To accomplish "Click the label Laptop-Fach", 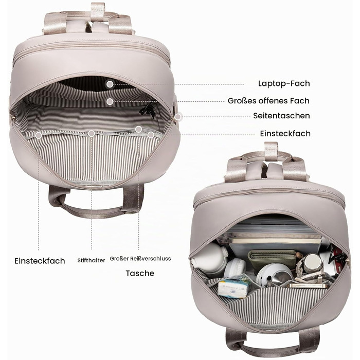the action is [x=284, y=83].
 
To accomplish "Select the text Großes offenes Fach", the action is [x=268, y=101].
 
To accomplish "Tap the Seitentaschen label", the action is [x=281, y=116].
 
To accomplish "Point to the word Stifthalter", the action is [x=91, y=260].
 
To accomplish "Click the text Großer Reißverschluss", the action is [x=140, y=259].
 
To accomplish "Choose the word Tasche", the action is [x=140, y=273].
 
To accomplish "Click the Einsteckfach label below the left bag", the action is [x=40, y=261].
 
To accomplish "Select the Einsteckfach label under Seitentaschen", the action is [x=285, y=133].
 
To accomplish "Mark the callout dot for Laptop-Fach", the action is [x=110, y=84].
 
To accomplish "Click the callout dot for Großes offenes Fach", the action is [x=110, y=101].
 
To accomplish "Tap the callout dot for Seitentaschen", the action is [x=177, y=117].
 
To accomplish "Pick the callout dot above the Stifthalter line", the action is [x=92, y=133].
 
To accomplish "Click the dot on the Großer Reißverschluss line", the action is [x=138, y=129].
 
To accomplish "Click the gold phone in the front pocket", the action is [x=307, y=285].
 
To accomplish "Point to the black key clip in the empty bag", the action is [x=148, y=110].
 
